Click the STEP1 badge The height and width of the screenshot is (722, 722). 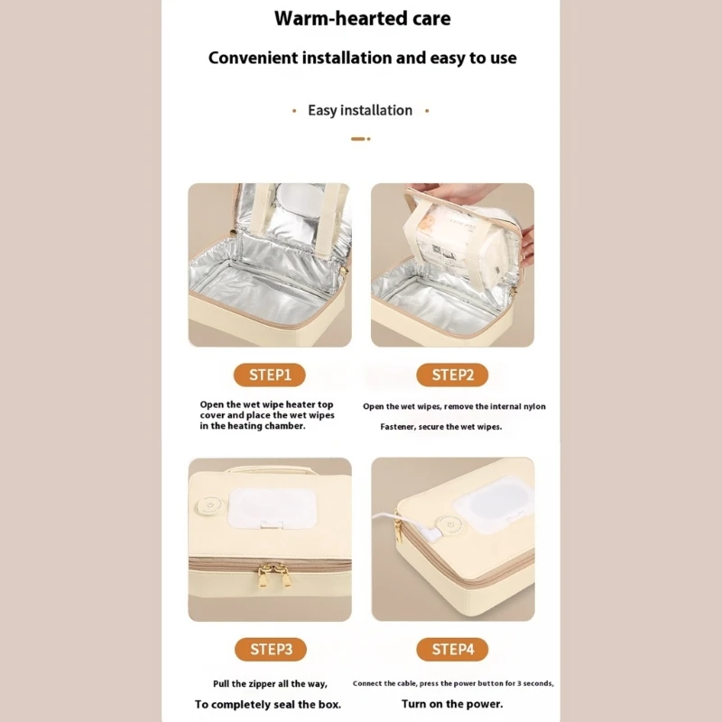270,375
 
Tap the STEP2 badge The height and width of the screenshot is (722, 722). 452,375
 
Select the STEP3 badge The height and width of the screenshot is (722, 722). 270,649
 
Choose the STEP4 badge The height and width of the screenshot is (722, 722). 452,649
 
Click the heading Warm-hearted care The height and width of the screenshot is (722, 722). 362,18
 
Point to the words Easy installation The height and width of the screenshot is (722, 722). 360,110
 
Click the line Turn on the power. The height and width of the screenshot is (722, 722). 452,703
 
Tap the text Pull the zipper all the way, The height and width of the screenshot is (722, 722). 270,683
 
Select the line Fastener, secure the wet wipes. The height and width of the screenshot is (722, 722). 440,426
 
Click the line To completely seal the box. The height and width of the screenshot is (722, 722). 270,704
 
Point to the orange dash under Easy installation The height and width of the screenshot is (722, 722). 358,139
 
